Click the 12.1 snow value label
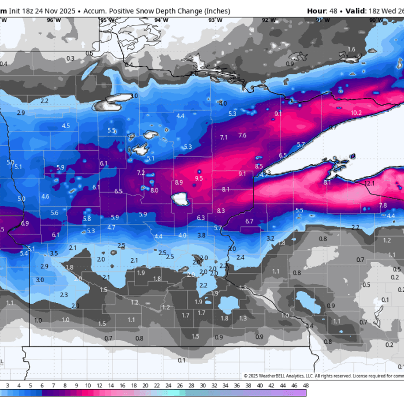[369, 184]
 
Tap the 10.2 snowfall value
[356, 113]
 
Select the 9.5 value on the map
[199, 179]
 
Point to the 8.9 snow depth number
[179, 182]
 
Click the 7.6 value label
[242, 136]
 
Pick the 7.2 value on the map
[141, 173]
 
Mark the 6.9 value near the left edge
[25, 223]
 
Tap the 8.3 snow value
[221, 211]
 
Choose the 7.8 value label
[383, 205]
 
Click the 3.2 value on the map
[270, 238]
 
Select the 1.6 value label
[351, 50]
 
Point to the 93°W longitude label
[215, 20]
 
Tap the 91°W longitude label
[323, 20]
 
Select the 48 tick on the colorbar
[305, 386]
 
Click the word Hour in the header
[316, 11]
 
